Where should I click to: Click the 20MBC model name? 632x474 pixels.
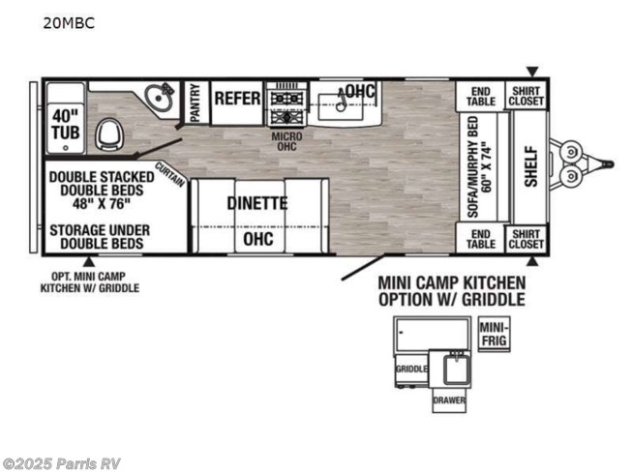69,23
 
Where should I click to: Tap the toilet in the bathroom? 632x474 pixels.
106,134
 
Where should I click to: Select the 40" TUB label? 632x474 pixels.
66,124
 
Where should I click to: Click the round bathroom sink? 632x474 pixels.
159,97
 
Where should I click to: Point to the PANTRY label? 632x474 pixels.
196,103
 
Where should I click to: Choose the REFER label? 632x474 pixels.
237,99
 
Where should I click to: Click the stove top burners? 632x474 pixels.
286,107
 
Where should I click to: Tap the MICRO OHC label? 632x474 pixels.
286,141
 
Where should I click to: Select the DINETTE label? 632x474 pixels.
257,203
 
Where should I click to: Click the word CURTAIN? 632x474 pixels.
170,174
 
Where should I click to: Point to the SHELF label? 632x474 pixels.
531,166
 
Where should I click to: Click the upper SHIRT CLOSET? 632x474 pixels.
526,96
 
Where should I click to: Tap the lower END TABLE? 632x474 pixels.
480,239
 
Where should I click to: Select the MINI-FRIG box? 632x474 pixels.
495,335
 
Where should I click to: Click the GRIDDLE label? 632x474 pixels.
411,369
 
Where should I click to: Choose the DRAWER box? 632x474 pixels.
449,400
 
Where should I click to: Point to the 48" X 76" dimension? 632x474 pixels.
102,204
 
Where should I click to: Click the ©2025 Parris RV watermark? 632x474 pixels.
61,464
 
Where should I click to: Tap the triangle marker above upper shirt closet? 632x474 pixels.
533,73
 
